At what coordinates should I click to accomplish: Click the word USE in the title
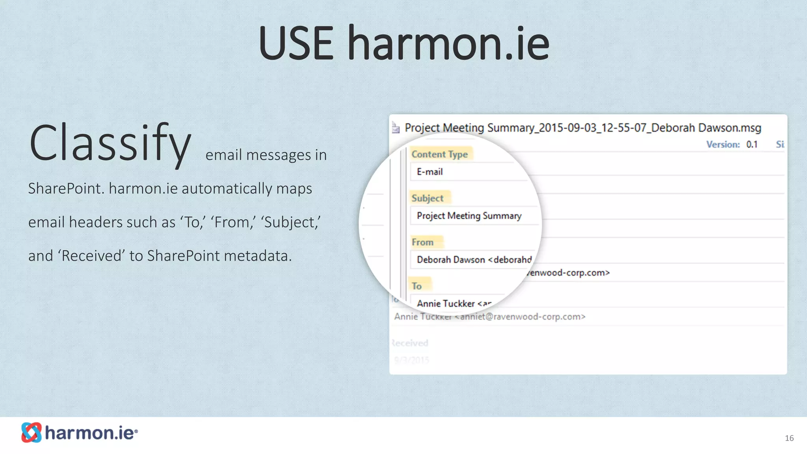coord(296,43)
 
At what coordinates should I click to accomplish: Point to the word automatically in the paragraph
coord(227,189)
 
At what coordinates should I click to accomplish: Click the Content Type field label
coord(439,154)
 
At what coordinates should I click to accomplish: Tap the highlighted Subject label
coord(428,198)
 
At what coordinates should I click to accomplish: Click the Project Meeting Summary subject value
coord(469,216)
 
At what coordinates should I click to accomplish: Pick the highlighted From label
coord(422,242)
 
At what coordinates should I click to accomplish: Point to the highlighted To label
coord(417,286)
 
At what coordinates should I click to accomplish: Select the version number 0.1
coord(752,145)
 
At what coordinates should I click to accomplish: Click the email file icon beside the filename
coord(396,128)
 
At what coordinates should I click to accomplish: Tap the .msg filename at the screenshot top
coord(583,128)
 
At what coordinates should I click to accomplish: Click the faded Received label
coord(411,343)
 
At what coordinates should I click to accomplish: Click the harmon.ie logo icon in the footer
coord(32,432)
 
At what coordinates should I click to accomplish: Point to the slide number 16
coord(789,438)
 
